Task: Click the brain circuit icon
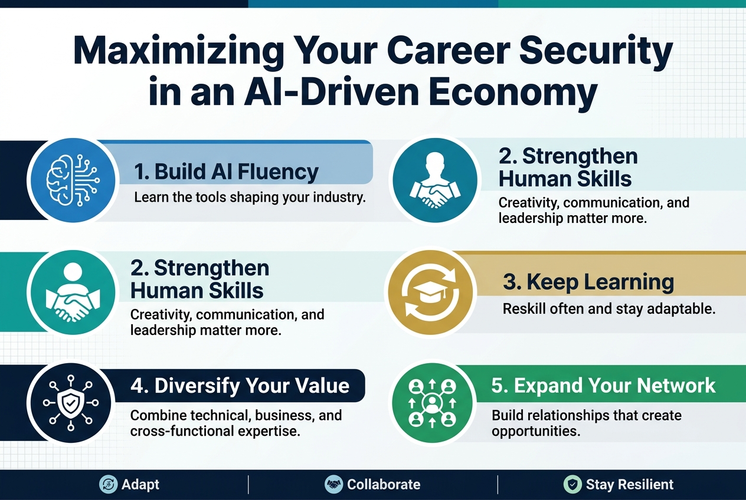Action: (73, 179)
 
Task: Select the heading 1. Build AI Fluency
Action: (226, 172)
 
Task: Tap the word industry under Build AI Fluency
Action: (336, 197)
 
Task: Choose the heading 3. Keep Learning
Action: (588, 282)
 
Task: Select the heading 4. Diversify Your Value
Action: (240, 386)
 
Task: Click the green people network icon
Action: (433, 403)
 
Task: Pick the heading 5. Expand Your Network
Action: (603, 386)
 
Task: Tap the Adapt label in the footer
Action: (140, 485)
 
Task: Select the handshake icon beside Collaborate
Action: (334, 485)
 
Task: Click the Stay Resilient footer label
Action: (629, 485)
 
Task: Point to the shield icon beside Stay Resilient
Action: (572, 485)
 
